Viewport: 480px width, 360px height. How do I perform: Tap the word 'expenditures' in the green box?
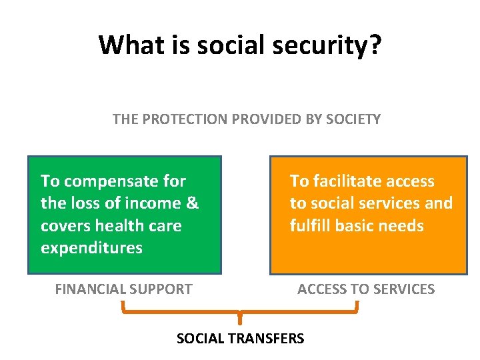pyautogui.click(x=91, y=248)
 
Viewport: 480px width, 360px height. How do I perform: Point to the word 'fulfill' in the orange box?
pyautogui.click(x=311, y=226)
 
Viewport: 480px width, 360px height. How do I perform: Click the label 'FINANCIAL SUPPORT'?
pyautogui.click(x=123, y=289)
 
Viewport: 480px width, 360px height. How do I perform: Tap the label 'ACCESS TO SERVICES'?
pyautogui.click(x=366, y=289)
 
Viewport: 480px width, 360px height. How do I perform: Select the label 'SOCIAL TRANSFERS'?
pyautogui.click(x=240, y=339)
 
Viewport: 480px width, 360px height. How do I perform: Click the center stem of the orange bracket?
pyautogui.click(x=240, y=319)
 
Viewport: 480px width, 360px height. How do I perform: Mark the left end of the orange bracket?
pyautogui.click(x=123, y=307)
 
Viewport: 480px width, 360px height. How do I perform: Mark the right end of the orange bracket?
pyautogui.click(x=357, y=307)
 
